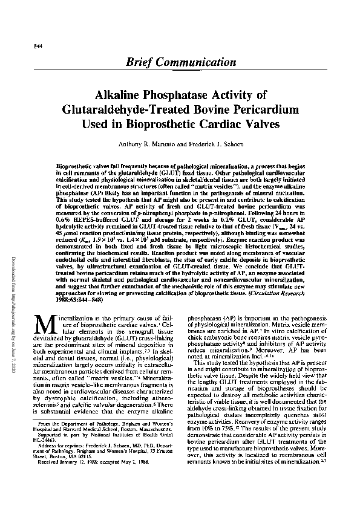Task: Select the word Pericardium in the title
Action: pyautogui.click(x=265, y=110)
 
